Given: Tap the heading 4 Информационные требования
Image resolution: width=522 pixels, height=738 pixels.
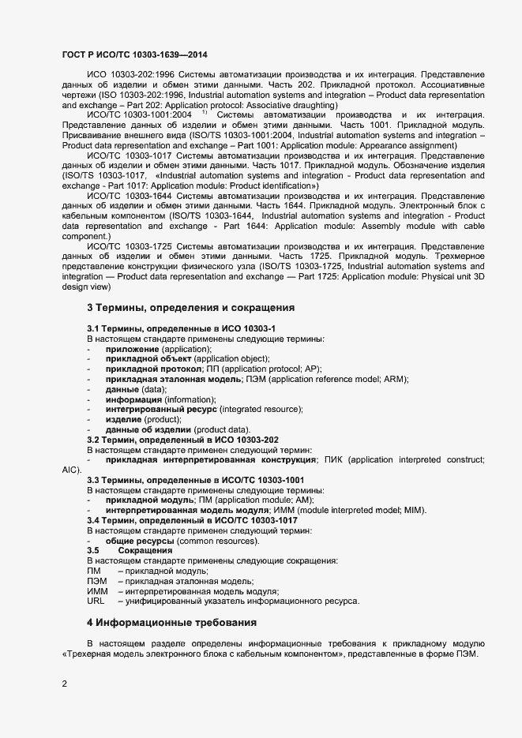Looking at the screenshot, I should [172, 622].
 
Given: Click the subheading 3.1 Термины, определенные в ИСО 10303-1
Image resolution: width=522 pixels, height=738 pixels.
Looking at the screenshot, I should [181, 328].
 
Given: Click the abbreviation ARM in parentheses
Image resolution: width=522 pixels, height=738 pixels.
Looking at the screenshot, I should [392, 379].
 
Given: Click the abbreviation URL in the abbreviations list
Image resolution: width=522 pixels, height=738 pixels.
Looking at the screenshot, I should [96, 601].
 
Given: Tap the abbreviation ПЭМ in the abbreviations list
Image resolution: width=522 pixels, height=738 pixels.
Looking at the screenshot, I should [97, 581].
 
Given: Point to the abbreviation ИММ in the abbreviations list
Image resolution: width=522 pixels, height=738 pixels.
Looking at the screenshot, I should [97, 591].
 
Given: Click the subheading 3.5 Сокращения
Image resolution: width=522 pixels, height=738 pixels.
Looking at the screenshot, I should [130, 550].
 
